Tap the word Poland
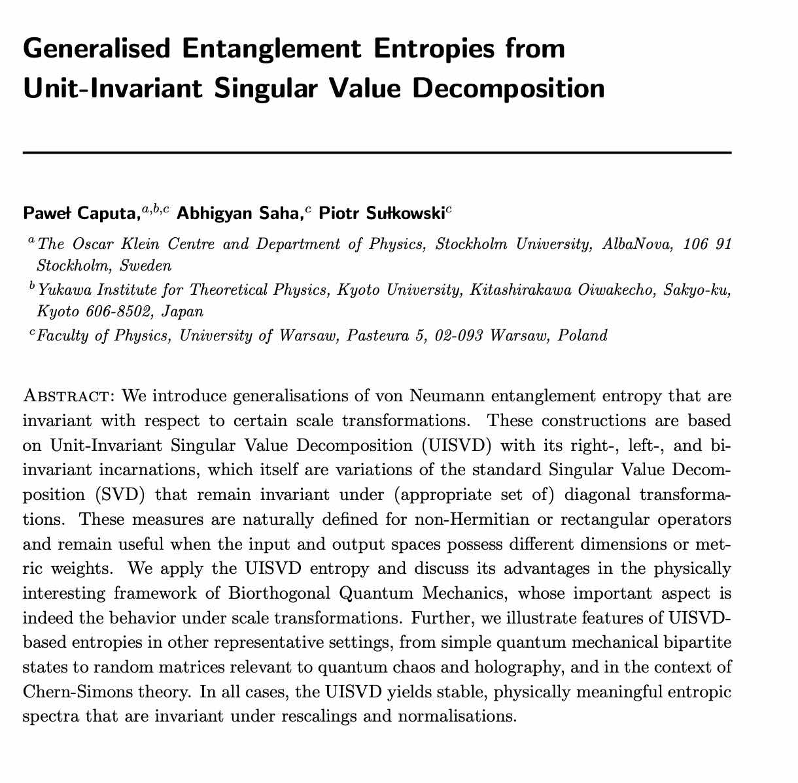click(583, 336)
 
